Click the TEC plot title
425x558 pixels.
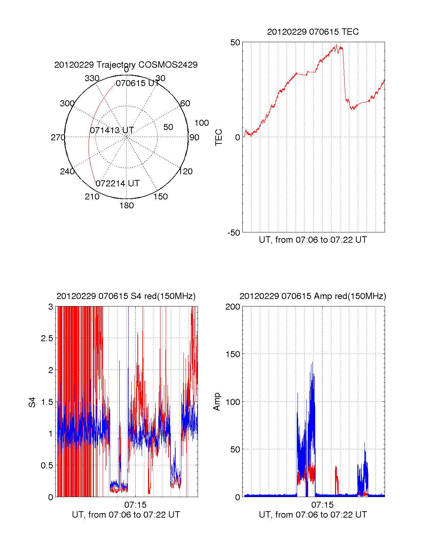pyautogui.click(x=313, y=32)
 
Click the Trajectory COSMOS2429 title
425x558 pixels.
pyautogui.click(x=126, y=65)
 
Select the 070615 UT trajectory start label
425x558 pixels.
pyautogui.click(x=137, y=83)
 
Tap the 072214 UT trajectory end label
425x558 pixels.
pyautogui.click(x=118, y=184)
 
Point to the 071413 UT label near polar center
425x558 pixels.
pyautogui.click(x=112, y=130)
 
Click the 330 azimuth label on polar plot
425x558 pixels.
pyautogui.click(x=92, y=78)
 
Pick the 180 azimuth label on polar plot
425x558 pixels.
pyautogui.click(x=126, y=205)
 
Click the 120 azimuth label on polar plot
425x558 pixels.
pyautogui.click(x=186, y=171)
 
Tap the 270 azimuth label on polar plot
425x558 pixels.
pyautogui.click(x=58, y=137)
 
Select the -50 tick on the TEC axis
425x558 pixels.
pyautogui.click(x=234, y=233)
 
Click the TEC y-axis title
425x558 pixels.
pyautogui.click(x=219, y=137)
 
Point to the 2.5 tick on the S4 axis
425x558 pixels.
pyautogui.click(x=47, y=338)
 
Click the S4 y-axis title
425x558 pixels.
pyautogui.click(x=32, y=402)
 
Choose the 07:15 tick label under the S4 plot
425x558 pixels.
pyautogui.click(x=135, y=505)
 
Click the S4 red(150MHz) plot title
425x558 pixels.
pyautogui.click(x=126, y=296)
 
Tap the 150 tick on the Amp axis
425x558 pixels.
pyautogui.click(x=233, y=354)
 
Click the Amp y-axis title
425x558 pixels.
pyautogui.click(x=217, y=402)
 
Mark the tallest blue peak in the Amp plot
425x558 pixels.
pyautogui.click(x=312, y=362)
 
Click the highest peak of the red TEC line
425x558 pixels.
pyautogui.click(x=336, y=44)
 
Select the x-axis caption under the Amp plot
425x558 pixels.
pyautogui.click(x=313, y=515)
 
